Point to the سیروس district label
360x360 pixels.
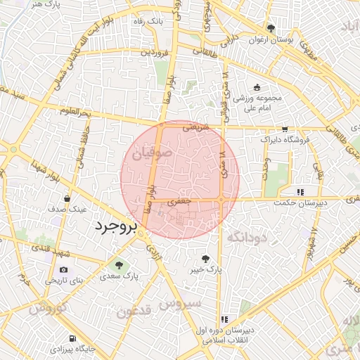181,304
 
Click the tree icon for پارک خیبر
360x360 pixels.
205,257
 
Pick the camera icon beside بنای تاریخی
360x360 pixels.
64,269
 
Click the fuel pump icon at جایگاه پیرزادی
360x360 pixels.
73,337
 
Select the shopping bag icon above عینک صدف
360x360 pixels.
67,198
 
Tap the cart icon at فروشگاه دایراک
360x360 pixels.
284,129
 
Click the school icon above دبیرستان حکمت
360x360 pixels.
300,191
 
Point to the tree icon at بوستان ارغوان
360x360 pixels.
271,28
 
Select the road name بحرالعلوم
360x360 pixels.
75,112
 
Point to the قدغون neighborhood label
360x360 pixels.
129,311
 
